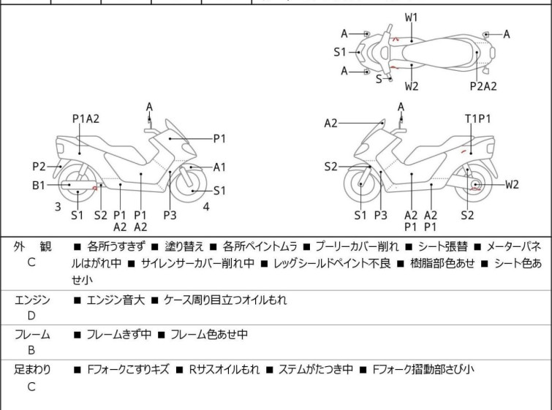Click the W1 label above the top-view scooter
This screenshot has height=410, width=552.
coord(412,17)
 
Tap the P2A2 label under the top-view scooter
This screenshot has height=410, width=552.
coord(483,86)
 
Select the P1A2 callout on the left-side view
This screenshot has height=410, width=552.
coord(86,118)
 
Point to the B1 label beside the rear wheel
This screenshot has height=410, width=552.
coord(39,186)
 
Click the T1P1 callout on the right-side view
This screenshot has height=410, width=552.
coord(477,118)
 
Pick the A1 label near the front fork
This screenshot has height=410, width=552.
coord(219,167)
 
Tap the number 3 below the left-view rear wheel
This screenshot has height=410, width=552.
coord(57,207)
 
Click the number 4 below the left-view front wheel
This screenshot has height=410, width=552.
coord(206,207)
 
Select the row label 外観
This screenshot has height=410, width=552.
coord(31,246)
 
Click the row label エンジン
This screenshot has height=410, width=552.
coord(32,300)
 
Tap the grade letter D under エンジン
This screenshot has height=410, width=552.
coord(31,316)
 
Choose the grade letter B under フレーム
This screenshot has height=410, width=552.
coord(31,351)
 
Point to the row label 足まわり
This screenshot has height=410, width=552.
coord(32,370)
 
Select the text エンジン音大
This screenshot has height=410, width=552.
coord(116,300)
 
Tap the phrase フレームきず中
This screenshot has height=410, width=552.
coord(118,335)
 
